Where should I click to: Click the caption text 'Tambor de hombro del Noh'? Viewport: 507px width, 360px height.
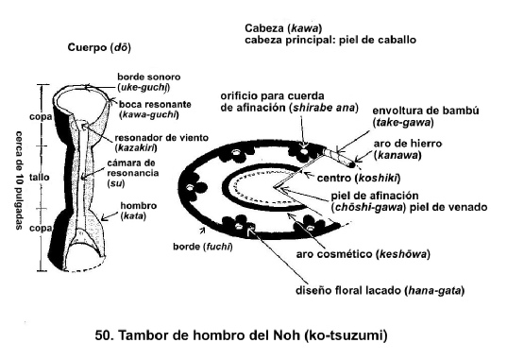(209, 335)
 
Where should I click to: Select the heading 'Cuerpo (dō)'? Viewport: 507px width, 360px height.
(99, 47)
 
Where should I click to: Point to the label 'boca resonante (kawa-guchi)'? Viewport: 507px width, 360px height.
(155, 110)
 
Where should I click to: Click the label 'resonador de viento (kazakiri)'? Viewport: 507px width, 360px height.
(161, 143)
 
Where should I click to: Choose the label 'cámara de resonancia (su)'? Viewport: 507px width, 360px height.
(132, 173)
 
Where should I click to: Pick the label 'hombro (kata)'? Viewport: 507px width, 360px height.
(139, 211)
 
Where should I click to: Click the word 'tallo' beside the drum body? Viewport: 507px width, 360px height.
(39, 177)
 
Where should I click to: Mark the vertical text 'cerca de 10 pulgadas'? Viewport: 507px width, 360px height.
(20, 180)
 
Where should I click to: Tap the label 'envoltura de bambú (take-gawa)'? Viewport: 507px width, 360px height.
(426, 116)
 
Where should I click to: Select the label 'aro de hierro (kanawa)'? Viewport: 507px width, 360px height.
(408, 149)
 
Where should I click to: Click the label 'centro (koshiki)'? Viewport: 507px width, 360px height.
(359, 178)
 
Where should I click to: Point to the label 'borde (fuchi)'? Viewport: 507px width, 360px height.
(203, 247)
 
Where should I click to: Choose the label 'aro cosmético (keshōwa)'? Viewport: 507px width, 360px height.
(363, 254)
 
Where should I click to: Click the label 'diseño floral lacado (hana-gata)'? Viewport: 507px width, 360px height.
(380, 290)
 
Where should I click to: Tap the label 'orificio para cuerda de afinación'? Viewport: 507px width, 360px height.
(290, 102)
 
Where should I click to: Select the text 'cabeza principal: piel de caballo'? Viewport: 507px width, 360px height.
(330, 40)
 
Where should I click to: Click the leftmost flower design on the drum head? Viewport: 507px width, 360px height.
(194, 187)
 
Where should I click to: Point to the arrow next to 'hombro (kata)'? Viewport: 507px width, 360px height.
(110, 216)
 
